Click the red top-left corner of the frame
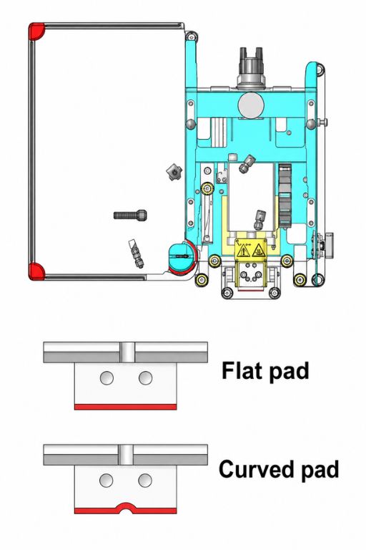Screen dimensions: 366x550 coord(35,31)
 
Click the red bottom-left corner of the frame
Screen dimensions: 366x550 coord(35,271)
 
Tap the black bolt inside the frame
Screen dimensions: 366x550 coord(130,215)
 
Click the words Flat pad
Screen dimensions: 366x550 coord(265,371)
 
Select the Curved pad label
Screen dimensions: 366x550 coord(279,469)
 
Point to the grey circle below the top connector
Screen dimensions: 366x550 coord(252,105)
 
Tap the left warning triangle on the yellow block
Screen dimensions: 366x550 coord(243,251)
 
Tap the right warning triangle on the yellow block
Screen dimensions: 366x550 coord(258,251)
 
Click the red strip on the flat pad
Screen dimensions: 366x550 coord(125,407)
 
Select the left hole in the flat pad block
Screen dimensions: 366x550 coord(107,378)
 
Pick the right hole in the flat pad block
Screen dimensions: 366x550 coord(145,378)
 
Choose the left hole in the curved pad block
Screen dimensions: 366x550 coord(106,481)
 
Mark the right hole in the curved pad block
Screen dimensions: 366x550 coord(145,481)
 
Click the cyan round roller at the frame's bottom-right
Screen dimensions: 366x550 coord(182,256)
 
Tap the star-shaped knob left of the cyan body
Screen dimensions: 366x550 coord(174,172)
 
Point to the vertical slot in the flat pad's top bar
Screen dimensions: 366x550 coord(127,352)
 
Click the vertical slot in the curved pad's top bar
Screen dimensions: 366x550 coord(126,455)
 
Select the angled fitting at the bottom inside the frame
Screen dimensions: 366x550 coord(137,254)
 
